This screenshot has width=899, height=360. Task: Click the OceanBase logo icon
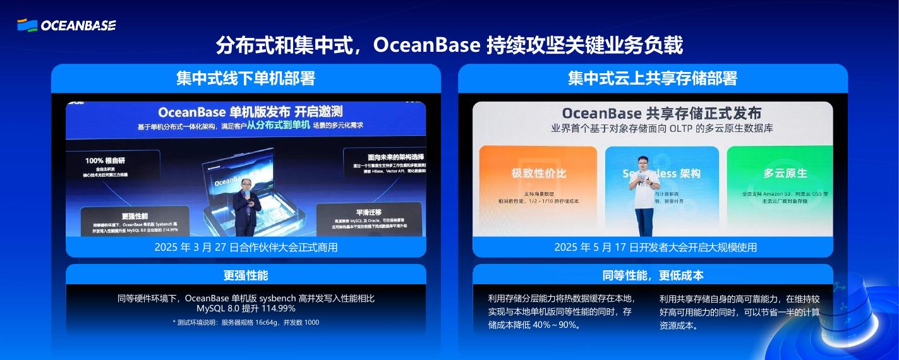click(x=27, y=25)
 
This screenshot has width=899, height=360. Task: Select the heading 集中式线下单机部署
click(x=246, y=78)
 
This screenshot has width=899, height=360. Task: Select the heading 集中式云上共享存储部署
click(x=653, y=78)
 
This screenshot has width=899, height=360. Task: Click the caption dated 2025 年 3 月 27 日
click(x=246, y=247)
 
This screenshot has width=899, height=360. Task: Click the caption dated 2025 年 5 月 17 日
click(x=653, y=247)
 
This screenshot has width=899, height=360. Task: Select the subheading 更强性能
click(x=246, y=275)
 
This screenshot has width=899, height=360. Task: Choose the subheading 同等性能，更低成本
click(x=653, y=275)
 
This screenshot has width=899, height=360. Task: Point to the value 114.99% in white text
click(x=273, y=309)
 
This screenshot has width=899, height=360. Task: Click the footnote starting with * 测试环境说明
click(x=246, y=323)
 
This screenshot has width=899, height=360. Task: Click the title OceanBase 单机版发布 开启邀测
click(x=250, y=112)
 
